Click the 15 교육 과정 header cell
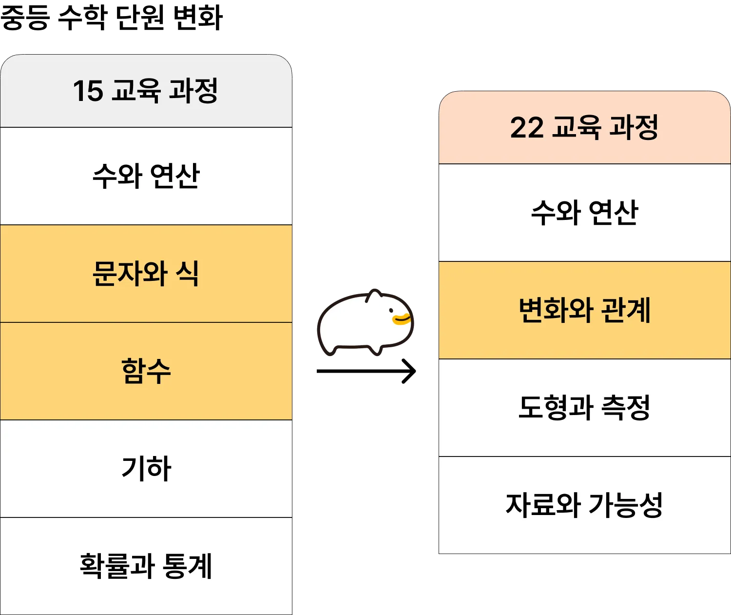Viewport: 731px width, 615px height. pos(146,91)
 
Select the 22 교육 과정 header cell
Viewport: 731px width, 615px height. pos(584,128)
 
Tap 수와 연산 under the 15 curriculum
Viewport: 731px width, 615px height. pos(146,176)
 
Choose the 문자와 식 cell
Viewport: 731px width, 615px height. pos(146,274)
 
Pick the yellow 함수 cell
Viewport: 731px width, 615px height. pos(146,371)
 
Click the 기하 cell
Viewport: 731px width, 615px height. pos(146,469)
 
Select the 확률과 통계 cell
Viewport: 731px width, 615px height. pos(146,566)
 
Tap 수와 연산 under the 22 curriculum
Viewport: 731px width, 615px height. pos(584,213)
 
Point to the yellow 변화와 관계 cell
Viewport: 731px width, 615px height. pos(584,310)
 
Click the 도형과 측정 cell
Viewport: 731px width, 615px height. pos(584,408)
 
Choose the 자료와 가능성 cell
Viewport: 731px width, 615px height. pos(584,505)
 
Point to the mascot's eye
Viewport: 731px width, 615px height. pos(391,310)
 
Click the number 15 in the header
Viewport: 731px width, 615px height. pos(88,91)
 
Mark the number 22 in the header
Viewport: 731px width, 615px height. pos(526,128)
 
